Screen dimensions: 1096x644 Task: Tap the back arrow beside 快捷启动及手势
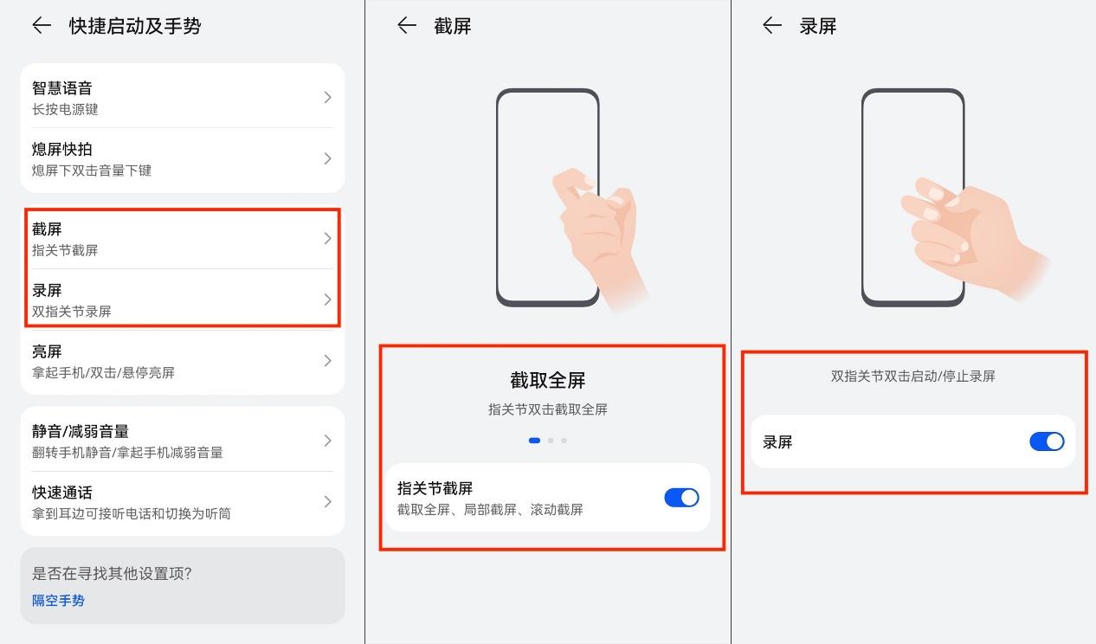point(42,25)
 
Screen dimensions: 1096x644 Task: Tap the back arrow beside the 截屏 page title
point(407,25)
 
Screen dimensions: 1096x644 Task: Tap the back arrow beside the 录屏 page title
point(772,25)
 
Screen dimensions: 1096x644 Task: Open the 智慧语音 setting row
point(182,98)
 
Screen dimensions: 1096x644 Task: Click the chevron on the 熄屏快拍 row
point(328,158)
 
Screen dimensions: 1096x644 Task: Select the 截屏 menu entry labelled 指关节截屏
point(182,239)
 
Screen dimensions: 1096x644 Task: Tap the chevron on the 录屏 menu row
point(328,299)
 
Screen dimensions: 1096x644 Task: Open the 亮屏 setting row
point(182,361)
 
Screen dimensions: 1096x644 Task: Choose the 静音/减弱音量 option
point(182,441)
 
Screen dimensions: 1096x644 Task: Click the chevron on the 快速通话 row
point(328,501)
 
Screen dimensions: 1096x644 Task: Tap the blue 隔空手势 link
point(58,601)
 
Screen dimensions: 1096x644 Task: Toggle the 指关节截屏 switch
point(681,498)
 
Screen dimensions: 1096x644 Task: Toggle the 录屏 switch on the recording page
point(1047,442)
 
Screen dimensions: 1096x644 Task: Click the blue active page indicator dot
point(534,441)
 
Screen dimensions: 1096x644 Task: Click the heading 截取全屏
point(547,380)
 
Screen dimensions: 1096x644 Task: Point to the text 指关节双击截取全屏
point(547,409)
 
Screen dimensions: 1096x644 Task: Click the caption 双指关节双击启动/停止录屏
point(913,376)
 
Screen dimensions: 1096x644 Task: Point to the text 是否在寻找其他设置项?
point(112,573)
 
